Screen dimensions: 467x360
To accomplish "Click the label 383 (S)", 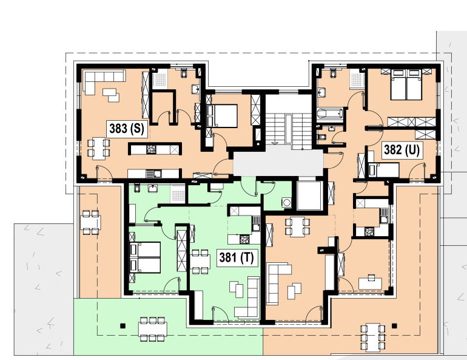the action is click(x=127, y=129).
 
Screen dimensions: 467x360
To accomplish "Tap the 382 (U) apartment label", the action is click(x=401, y=150).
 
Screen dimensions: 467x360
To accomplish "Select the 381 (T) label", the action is click(x=237, y=257).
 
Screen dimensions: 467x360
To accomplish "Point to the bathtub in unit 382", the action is click(x=330, y=114).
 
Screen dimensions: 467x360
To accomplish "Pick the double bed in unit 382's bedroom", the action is click(x=406, y=84).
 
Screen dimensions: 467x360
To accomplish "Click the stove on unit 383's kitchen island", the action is click(x=151, y=149).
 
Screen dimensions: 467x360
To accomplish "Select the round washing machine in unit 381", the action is click(x=286, y=202).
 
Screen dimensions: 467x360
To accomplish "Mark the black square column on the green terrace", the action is click(x=123, y=326).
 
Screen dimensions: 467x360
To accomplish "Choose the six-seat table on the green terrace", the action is click(x=152, y=329).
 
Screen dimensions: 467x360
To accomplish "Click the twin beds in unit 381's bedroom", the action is click(x=145, y=257).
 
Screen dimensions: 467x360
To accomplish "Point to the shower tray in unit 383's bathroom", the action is click(x=160, y=80).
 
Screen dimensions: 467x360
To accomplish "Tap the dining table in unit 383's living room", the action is click(x=99, y=148).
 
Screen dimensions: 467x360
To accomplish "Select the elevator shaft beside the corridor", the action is click(x=310, y=195).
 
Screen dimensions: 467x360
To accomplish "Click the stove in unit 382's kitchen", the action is click(x=369, y=231).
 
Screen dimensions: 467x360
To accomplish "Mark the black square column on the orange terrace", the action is click(x=395, y=326).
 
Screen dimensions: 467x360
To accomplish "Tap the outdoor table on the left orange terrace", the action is click(x=90, y=222).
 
